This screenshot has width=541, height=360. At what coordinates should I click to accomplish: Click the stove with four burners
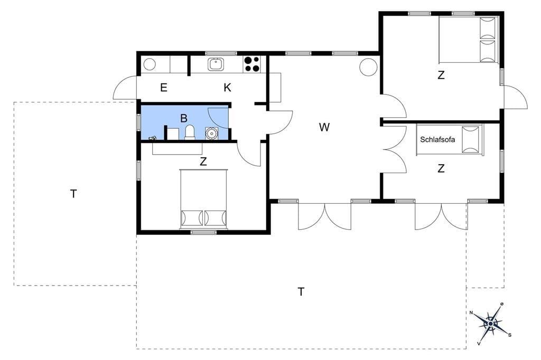252,64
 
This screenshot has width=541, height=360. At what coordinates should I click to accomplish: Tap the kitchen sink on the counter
216,64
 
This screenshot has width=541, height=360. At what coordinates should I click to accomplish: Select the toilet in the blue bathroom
190,132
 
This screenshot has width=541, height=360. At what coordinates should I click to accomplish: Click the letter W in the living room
324,127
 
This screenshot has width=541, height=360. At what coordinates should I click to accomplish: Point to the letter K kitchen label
227,88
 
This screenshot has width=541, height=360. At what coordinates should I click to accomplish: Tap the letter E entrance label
164,88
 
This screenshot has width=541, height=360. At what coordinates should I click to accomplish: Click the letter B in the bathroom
184,118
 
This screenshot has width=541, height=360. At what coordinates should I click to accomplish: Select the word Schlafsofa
437,140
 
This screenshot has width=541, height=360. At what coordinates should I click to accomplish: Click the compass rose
490,324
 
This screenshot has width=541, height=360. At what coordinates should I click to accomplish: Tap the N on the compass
471,313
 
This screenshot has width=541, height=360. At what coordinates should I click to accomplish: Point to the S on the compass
510,335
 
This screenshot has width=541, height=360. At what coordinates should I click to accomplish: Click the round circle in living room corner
368,67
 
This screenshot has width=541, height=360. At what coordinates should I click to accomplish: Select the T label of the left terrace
73,194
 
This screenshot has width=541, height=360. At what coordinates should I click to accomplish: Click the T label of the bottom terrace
301,292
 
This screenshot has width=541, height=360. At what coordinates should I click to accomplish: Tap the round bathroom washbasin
211,133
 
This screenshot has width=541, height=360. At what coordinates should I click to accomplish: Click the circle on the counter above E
150,64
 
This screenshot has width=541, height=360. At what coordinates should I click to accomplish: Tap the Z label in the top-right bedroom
441,75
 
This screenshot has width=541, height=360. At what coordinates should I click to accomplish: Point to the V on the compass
479,343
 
